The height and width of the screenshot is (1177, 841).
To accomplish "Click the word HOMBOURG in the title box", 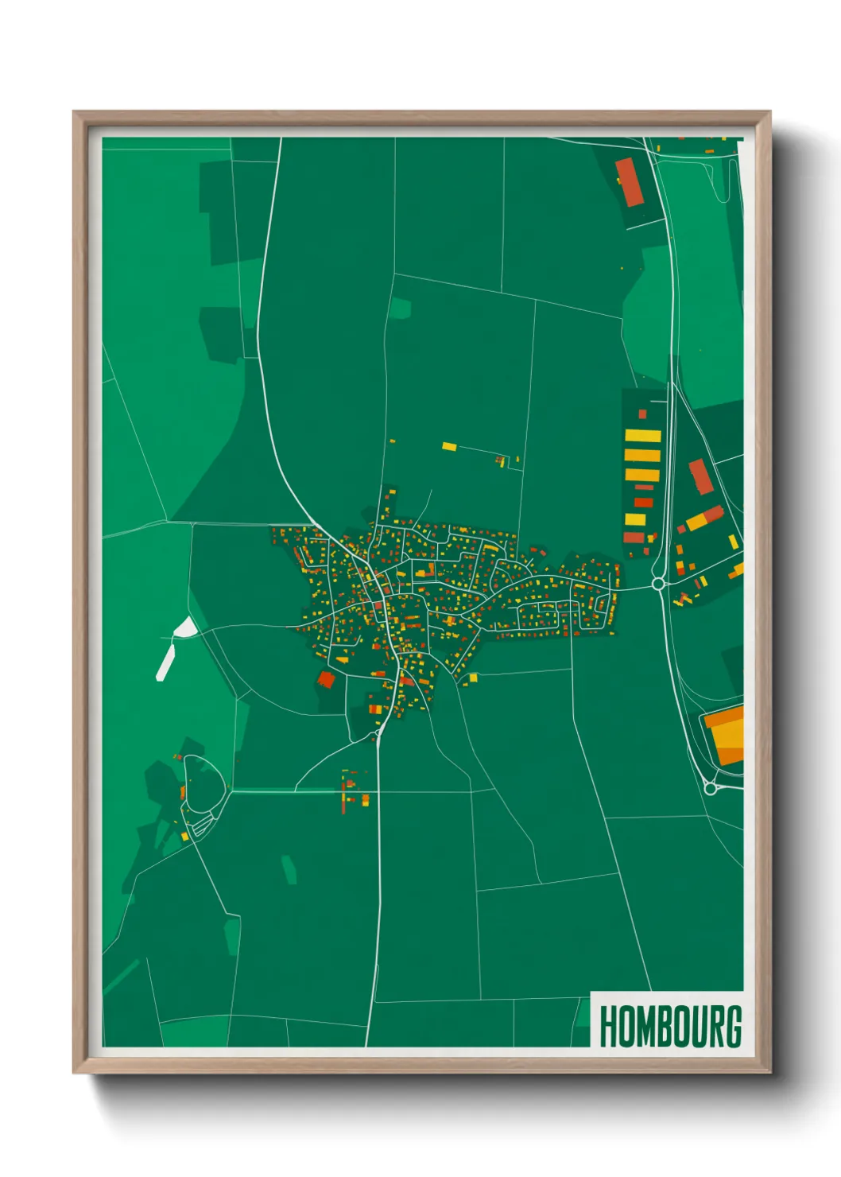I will (670, 1026).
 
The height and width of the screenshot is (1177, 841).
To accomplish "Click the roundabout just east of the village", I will (657, 585).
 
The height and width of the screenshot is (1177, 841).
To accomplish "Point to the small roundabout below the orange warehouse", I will (711, 789).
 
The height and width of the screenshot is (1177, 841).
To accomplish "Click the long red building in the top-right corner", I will (628, 182).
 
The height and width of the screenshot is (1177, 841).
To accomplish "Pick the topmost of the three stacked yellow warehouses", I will (642, 436).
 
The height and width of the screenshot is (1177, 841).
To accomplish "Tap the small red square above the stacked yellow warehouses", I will (642, 414).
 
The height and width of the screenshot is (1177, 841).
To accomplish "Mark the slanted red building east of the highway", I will (700, 476).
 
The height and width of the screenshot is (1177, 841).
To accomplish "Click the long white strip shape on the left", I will (165, 662).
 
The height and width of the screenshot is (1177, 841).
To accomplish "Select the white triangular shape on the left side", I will (184, 628).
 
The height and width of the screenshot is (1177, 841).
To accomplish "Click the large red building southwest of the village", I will (326, 678).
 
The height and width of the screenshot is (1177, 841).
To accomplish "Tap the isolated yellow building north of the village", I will (449, 447).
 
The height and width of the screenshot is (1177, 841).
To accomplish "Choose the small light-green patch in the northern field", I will (400, 308).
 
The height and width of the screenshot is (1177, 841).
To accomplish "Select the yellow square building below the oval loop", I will (185, 836).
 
